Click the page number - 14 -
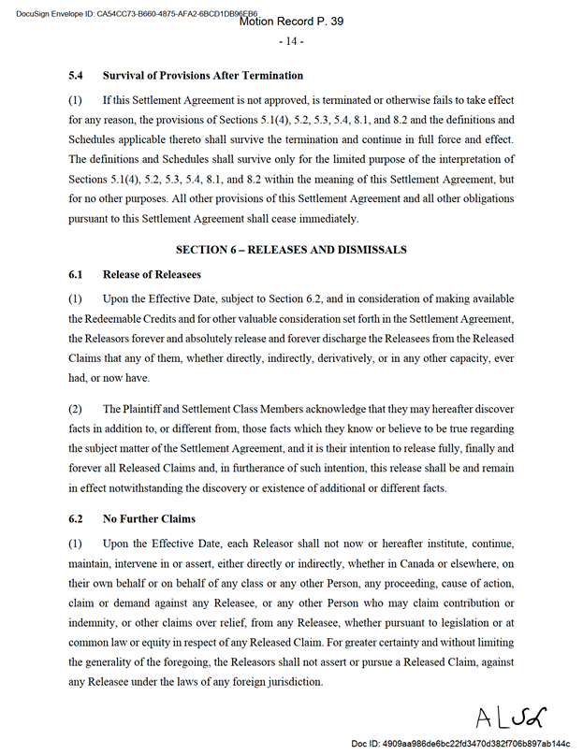pyautogui.click(x=291, y=42)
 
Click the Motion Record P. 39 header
pyautogui.click(x=291, y=21)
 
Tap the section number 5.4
pyautogui.click(x=77, y=75)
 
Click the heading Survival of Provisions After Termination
pyautogui.click(x=203, y=75)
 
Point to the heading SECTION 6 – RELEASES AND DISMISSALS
pyautogui.click(x=291, y=250)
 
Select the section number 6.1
pyautogui.click(x=77, y=274)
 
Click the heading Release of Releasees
pyautogui.click(x=152, y=274)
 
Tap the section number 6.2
pyautogui.click(x=77, y=518)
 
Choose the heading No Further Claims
pyautogui.click(x=149, y=518)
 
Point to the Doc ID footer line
pyautogui.click(x=460, y=743)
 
